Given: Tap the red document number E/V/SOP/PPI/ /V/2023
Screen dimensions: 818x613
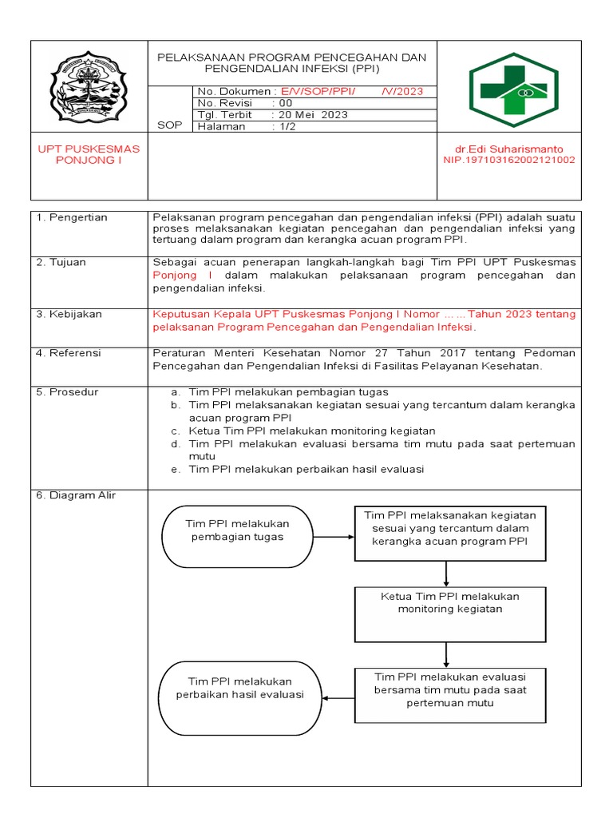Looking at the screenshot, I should pos(352,92).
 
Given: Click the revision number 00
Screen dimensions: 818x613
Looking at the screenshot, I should pos(286,103).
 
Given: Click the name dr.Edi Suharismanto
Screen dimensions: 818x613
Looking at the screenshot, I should pos(508,149).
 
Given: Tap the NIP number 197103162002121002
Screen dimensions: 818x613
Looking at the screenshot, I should pos(508,160).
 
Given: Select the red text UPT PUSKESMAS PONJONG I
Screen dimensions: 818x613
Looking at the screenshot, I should pos(89,155).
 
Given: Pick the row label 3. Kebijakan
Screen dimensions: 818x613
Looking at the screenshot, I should pos(69,314).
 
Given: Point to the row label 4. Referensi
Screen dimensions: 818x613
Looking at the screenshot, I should pos(69,351).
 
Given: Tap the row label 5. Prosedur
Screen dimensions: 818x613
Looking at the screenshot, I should pos(68,391).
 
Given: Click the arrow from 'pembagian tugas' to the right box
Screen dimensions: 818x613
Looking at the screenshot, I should pos(334,537).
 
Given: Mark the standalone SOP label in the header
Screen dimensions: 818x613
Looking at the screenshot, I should pos(169,126).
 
